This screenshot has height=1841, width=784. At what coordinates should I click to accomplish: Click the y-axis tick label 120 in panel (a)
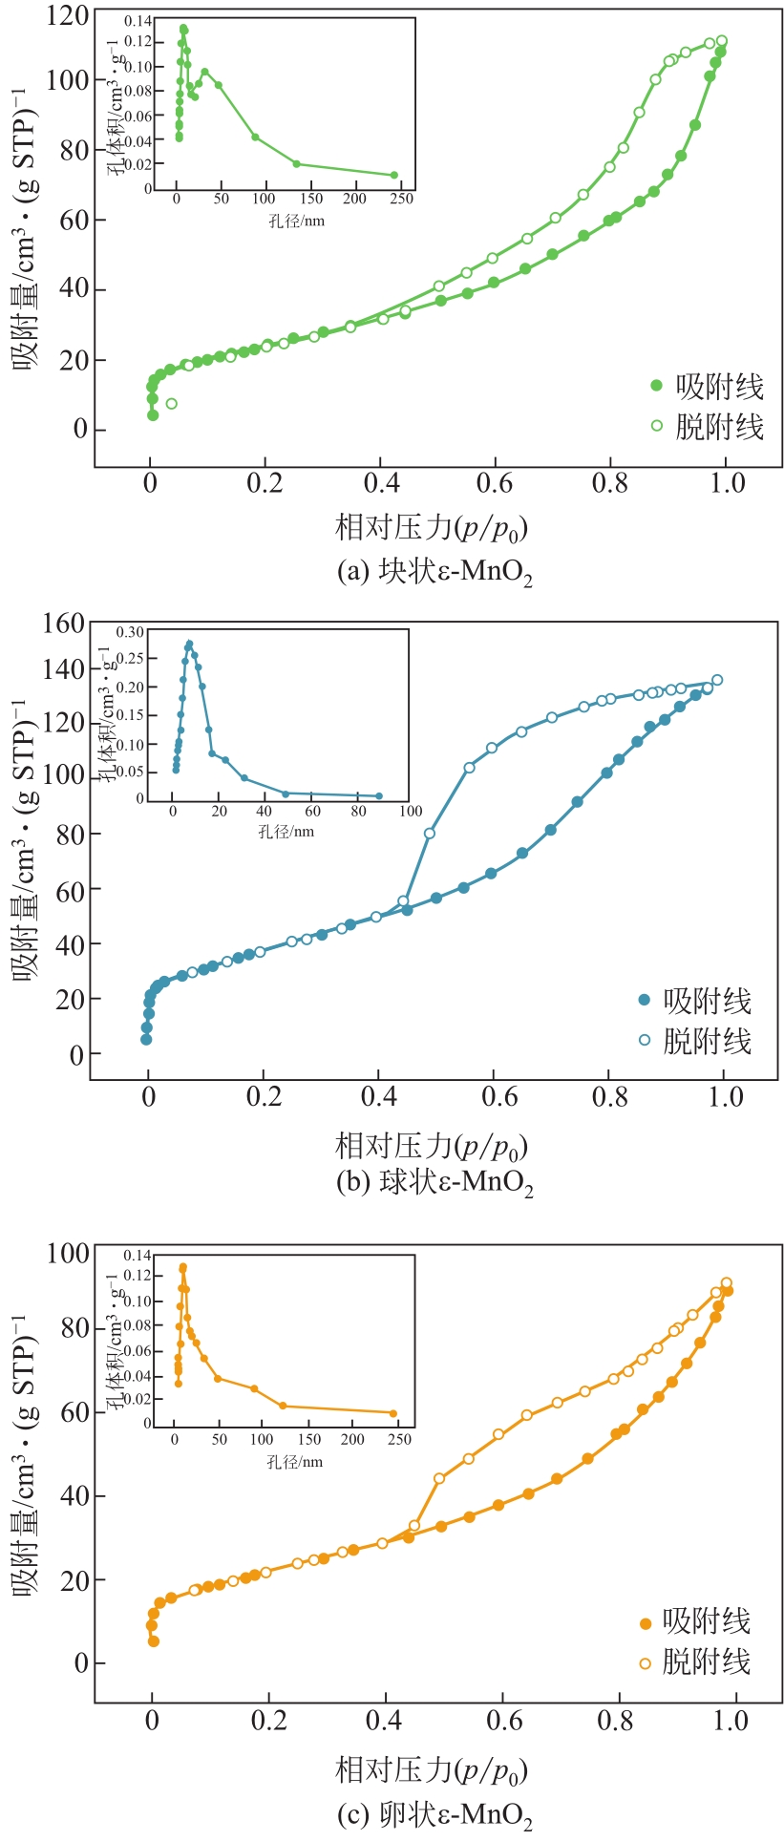(66, 16)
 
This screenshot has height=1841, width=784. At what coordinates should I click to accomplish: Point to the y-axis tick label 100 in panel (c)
(68, 1254)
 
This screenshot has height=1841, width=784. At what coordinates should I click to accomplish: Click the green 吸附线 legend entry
(708, 386)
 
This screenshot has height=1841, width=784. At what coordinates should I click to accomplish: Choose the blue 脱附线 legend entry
(696, 1041)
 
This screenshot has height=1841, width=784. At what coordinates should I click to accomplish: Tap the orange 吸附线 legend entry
(696, 1621)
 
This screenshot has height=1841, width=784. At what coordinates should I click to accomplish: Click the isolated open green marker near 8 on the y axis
(171, 404)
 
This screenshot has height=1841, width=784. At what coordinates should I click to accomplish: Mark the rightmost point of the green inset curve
(393, 175)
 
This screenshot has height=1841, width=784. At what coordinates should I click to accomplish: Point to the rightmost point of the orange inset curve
(393, 1413)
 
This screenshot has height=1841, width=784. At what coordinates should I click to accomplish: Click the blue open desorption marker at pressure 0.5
(430, 834)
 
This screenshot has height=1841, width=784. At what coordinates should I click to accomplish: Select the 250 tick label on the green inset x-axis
(401, 200)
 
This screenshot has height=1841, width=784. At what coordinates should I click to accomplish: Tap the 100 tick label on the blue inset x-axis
(410, 812)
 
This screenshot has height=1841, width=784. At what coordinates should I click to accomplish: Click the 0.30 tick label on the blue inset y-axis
(130, 632)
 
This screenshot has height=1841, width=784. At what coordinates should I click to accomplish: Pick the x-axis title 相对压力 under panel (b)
(431, 1144)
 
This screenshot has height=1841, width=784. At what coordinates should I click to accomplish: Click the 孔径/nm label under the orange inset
(294, 1462)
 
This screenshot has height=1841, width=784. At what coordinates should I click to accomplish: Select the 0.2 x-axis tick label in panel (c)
(268, 1721)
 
